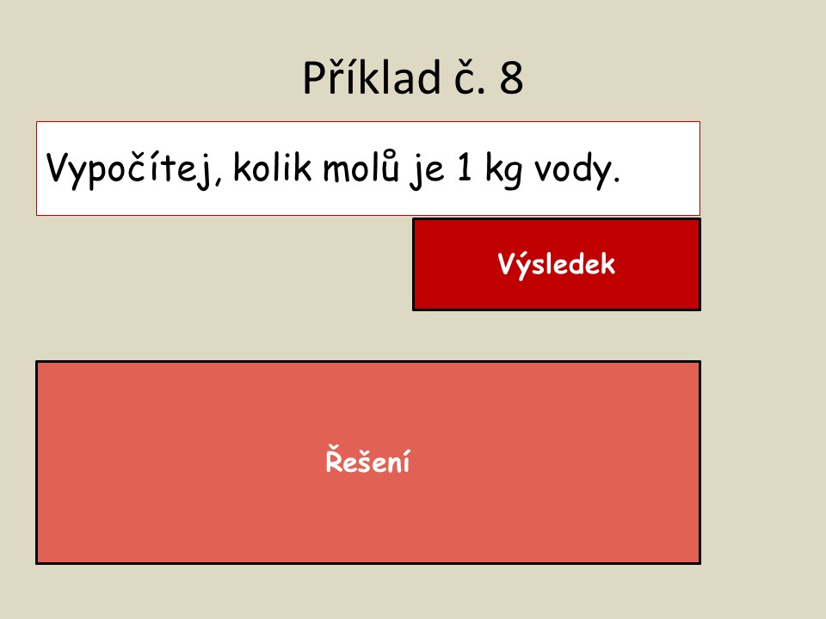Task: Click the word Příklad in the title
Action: pyautogui.click(x=372, y=77)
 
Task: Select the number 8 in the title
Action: pyautogui.click(x=511, y=78)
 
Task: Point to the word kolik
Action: pyautogui.click(x=273, y=167)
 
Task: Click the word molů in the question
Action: pyautogui.click(x=361, y=166)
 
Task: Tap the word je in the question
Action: pyautogui.click(x=426, y=170)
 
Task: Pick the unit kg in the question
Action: pyautogui.click(x=503, y=170)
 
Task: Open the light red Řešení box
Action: pyautogui.click(x=368, y=463)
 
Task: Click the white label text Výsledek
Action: pyautogui.click(x=557, y=264)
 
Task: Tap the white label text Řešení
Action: pyautogui.click(x=367, y=459)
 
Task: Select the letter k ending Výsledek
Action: pyautogui.click(x=607, y=263)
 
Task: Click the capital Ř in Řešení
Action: pyautogui.click(x=335, y=459)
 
